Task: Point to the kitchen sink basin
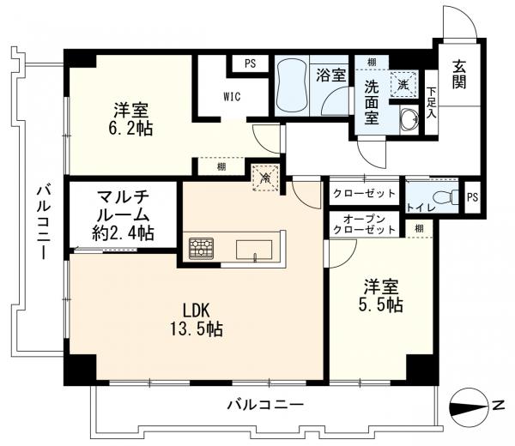[255, 250]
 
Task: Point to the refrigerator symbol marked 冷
[267, 178]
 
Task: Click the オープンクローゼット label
[364, 226]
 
